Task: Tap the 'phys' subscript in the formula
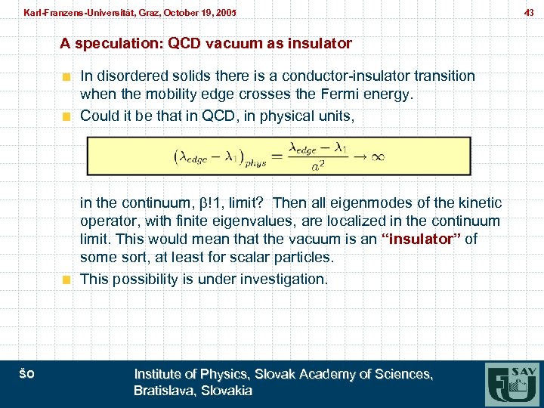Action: (x=243, y=162)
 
